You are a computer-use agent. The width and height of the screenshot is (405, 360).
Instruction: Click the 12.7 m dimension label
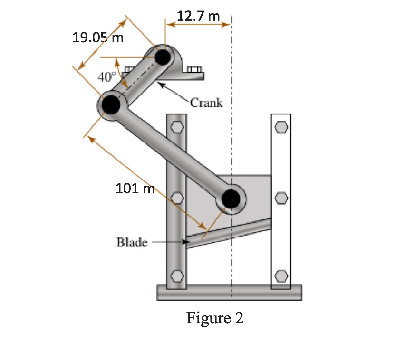coord(198,16)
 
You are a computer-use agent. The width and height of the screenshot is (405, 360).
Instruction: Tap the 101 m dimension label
coord(135,189)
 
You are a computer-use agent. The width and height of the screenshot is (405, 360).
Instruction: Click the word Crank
coord(206,103)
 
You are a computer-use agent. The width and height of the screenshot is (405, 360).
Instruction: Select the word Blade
coord(132,242)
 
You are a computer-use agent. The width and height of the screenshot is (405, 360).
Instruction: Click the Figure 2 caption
coord(215,318)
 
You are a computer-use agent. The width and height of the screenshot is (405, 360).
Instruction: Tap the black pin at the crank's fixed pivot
coord(164,57)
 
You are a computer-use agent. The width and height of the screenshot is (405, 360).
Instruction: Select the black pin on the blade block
coord(231,198)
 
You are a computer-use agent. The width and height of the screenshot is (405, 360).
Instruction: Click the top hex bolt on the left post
coord(176,127)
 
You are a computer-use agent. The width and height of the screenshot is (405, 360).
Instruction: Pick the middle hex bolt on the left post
coord(176,197)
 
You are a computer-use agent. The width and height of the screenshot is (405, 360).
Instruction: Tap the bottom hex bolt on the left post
coord(176,275)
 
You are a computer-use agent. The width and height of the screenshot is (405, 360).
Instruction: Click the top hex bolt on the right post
coord(280,127)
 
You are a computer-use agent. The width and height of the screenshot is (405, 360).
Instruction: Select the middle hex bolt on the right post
coord(280,197)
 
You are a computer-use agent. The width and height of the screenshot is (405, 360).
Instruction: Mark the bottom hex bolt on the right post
coord(280,275)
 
